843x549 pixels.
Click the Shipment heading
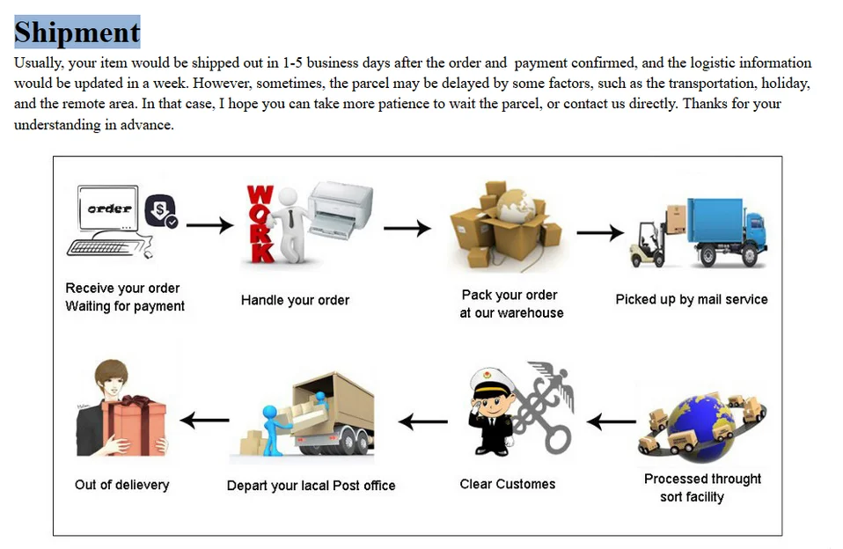[77, 33]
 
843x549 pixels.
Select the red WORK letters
[260, 223]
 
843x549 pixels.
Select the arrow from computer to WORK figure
[210, 226]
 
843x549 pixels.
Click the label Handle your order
[295, 300]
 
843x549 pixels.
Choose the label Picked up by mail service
[691, 299]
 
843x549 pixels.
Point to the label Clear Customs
[508, 484]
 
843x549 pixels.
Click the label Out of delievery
[121, 485]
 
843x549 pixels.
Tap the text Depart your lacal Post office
[311, 486]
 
